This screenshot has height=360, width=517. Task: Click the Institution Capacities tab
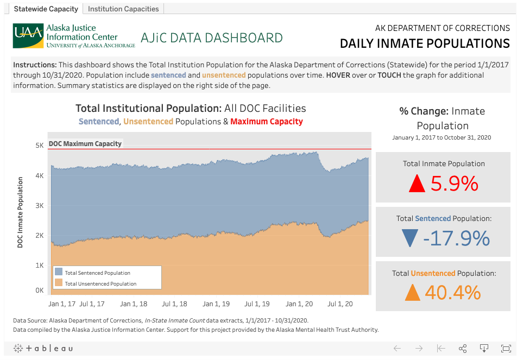pyautogui.click(x=123, y=9)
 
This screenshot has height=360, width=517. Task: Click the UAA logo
pyautogui.click(x=28, y=35)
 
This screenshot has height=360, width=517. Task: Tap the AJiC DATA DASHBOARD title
pyautogui.click(x=211, y=38)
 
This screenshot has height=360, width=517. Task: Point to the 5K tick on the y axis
pyautogui.click(x=40, y=146)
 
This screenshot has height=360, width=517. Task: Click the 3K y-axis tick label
pyautogui.click(x=40, y=206)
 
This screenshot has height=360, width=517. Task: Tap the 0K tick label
pyautogui.click(x=40, y=290)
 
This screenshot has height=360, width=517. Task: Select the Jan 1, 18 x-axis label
pyautogui.click(x=134, y=304)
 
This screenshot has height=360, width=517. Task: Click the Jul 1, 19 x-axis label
pyautogui.click(x=257, y=304)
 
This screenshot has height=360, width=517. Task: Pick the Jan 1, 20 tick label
pyautogui.click(x=299, y=304)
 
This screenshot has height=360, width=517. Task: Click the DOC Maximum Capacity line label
pyautogui.click(x=85, y=144)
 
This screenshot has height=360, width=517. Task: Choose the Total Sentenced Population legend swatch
pyautogui.click(x=59, y=273)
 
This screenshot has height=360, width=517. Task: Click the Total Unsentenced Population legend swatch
pyautogui.click(x=59, y=283)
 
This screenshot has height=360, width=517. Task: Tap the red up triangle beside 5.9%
pyautogui.click(x=417, y=184)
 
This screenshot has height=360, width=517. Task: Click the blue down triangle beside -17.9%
pyautogui.click(x=409, y=238)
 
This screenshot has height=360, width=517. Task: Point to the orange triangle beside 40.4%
pyautogui.click(x=413, y=293)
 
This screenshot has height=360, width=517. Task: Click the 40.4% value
pyautogui.click(x=453, y=293)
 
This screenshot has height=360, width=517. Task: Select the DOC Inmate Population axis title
pyautogui.click(x=20, y=212)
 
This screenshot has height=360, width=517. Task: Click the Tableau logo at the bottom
pyautogui.click(x=43, y=348)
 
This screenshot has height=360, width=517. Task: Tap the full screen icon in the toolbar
pyautogui.click(x=505, y=348)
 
